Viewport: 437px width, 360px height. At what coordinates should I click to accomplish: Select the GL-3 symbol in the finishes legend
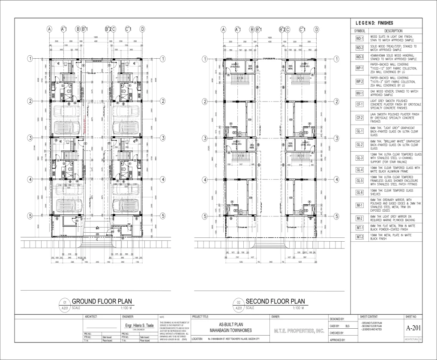[359, 158]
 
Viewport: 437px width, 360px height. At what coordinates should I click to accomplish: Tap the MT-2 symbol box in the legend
[359, 237]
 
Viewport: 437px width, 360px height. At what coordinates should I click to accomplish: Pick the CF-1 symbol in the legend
[359, 104]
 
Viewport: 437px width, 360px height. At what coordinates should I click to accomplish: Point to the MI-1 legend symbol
[359, 205]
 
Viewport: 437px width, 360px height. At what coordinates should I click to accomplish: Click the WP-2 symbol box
[359, 81]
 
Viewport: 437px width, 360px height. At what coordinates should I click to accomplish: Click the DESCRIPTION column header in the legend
[393, 31]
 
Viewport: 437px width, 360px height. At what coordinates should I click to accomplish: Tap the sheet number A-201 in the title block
[413, 328]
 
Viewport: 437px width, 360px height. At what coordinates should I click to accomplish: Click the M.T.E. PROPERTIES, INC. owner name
[299, 331]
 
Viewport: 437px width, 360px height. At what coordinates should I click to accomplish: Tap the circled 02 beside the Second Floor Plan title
[238, 302]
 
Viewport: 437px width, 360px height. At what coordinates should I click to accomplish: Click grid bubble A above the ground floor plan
[50, 29]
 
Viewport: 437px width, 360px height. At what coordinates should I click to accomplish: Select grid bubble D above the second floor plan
[316, 29]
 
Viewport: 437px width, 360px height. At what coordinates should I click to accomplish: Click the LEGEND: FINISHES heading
[374, 23]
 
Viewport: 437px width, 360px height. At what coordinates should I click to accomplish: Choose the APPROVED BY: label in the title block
[337, 340]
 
